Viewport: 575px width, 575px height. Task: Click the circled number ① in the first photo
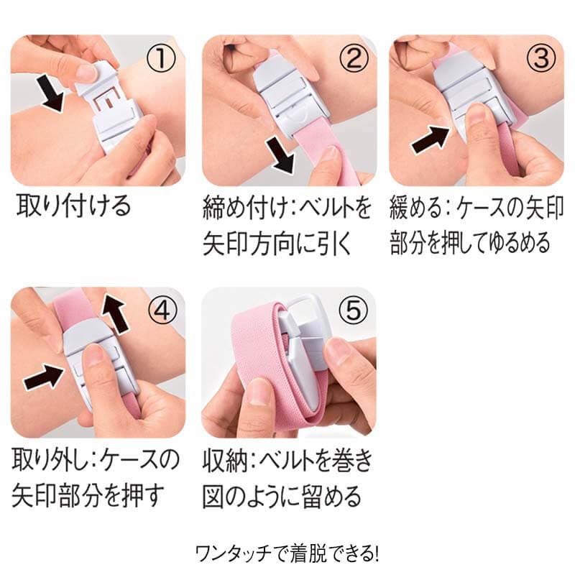pyautogui.click(x=161, y=58)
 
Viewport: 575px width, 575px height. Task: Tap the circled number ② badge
pyautogui.click(x=353, y=58)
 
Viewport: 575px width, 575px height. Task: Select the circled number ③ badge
pyautogui.click(x=541, y=58)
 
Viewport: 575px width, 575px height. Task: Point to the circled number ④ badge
pyautogui.click(x=162, y=310)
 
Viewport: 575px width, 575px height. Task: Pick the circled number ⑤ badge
pyautogui.click(x=354, y=310)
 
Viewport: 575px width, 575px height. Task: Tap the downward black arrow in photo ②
pyautogui.click(x=282, y=153)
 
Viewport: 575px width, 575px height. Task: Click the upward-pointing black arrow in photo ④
pyautogui.click(x=115, y=313)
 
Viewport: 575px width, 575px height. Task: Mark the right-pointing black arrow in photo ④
pyautogui.click(x=44, y=378)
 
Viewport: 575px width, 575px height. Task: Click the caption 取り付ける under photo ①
pyautogui.click(x=74, y=206)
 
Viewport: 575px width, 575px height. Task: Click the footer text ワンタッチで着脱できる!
pyautogui.click(x=287, y=553)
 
